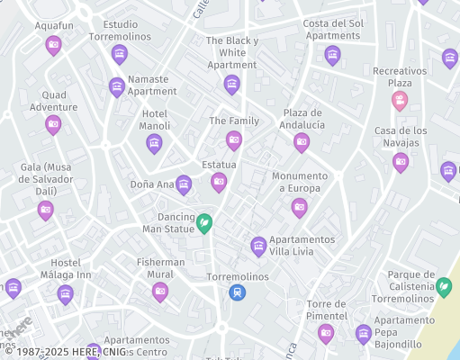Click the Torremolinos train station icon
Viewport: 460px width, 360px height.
[237, 292]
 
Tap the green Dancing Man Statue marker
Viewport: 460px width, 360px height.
[204, 222]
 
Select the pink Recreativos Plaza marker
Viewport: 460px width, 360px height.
[400, 100]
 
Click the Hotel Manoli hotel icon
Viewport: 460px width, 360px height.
[154, 143]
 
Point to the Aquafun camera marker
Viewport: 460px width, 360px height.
[53, 44]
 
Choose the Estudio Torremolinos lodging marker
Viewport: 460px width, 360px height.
[119, 54]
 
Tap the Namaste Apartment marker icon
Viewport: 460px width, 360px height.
[116, 86]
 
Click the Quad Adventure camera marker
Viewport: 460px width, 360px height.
[53, 123]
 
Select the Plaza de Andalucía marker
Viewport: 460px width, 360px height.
[302, 141]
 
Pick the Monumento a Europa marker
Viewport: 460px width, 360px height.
[300, 207]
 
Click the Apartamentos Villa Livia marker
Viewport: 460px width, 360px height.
[258, 246]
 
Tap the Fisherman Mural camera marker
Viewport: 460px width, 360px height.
[160, 290]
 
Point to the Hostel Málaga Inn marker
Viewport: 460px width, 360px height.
[65, 293]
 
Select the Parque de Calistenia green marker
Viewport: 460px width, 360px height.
[444, 286]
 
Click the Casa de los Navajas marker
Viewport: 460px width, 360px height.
[401, 162]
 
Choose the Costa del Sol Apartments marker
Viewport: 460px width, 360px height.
[332, 55]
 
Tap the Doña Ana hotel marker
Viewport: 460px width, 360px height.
[184, 184]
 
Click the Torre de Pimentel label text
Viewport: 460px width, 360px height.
[326, 310]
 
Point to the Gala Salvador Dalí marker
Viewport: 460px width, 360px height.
[46, 210]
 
